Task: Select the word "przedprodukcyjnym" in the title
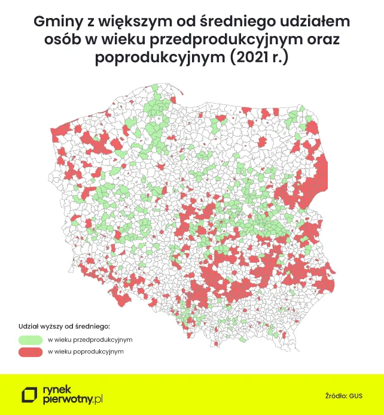tap(221, 40)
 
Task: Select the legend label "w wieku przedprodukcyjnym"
tap(90, 340)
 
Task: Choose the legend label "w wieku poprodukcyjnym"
tap(86, 352)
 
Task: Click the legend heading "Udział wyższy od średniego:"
tap(65, 326)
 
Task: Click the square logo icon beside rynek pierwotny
tap(29, 395)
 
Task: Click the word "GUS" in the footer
tap(356, 395)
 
